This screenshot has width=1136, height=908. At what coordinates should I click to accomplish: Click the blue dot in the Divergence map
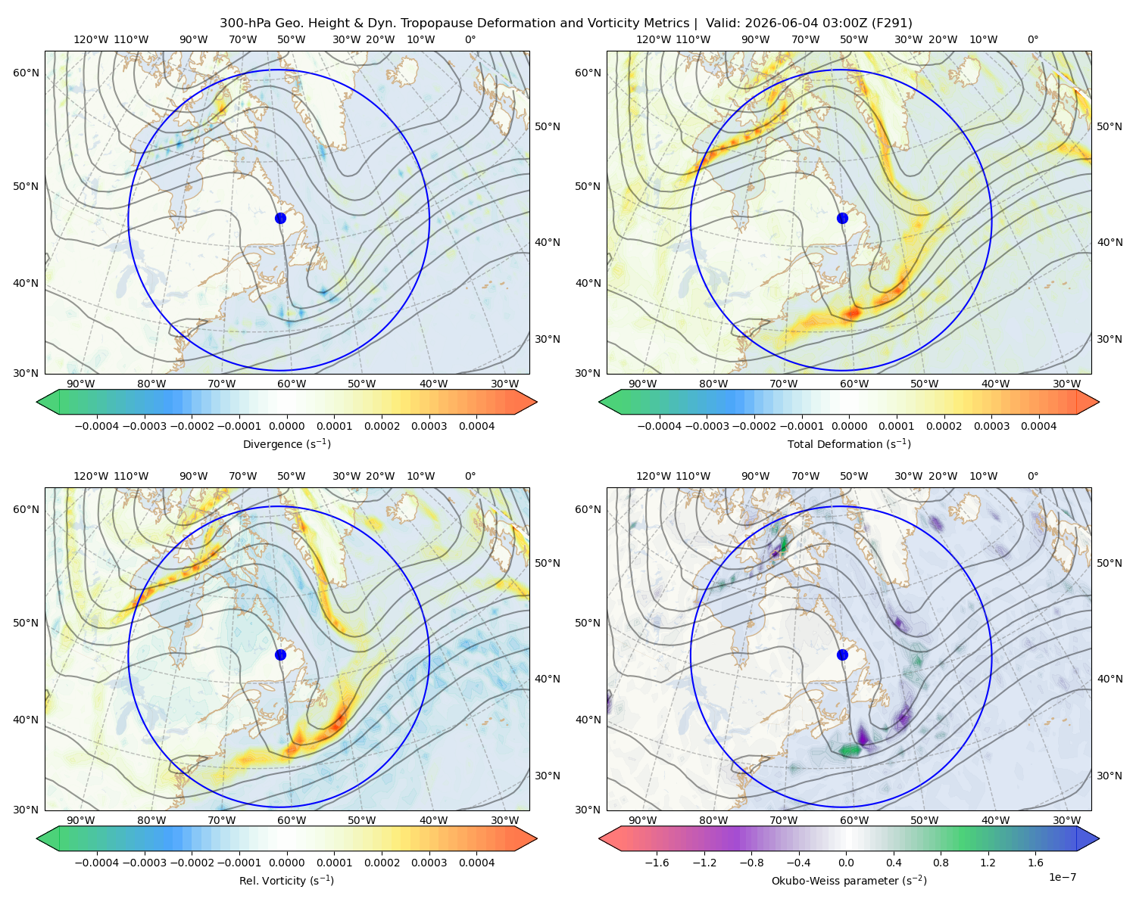tap(280, 218)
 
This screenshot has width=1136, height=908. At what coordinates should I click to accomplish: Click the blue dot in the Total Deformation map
tap(842, 218)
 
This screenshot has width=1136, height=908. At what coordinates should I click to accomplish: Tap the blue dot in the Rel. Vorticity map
tap(280, 655)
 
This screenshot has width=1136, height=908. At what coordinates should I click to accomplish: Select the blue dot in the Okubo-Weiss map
tap(842, 655)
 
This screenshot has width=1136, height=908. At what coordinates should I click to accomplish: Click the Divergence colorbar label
tap(286, 443)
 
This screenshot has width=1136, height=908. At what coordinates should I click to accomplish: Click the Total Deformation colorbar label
tap(849, 443)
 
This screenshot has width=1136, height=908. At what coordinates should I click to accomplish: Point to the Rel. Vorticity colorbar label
tap(286, 880)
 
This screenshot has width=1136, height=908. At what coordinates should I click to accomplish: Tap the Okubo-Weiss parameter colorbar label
tap(849, 880)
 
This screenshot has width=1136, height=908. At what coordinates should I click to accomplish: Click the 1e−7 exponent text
tap(1062, 877)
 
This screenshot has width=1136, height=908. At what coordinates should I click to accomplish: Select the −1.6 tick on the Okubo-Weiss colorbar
tap(657, 862)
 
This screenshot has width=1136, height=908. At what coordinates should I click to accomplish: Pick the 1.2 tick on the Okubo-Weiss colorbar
tap(988, 862)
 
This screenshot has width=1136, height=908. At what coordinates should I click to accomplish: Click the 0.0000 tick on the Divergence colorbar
tap(286, 426)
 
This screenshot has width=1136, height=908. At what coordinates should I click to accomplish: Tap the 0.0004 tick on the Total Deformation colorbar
tap(1038, 426)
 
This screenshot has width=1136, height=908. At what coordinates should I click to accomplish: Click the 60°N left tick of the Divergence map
tap(26, 73)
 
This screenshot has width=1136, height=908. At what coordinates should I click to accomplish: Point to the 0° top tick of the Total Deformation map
tap(1032, 39)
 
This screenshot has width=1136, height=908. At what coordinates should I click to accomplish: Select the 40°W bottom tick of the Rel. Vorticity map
tap(433, 820)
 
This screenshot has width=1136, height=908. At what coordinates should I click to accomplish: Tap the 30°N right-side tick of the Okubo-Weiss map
tap(1109, 775)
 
